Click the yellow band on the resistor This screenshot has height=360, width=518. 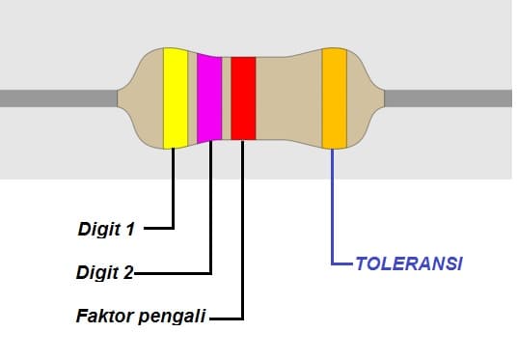[x=175, y=97]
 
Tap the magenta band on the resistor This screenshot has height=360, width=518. [x=209, y=97]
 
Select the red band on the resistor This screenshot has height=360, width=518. [x=242, y=97]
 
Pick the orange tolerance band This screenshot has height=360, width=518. [x=334, y=97]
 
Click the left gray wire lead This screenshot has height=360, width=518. [x=58, y=97]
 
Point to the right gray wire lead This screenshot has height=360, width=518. [x=449, y=97]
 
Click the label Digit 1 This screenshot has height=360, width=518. [x=106, y=230]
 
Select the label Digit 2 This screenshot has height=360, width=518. [x=104, y=272]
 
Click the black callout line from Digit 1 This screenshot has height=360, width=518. [x=174, y=193]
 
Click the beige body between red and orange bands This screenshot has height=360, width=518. [x=287, y=97]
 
